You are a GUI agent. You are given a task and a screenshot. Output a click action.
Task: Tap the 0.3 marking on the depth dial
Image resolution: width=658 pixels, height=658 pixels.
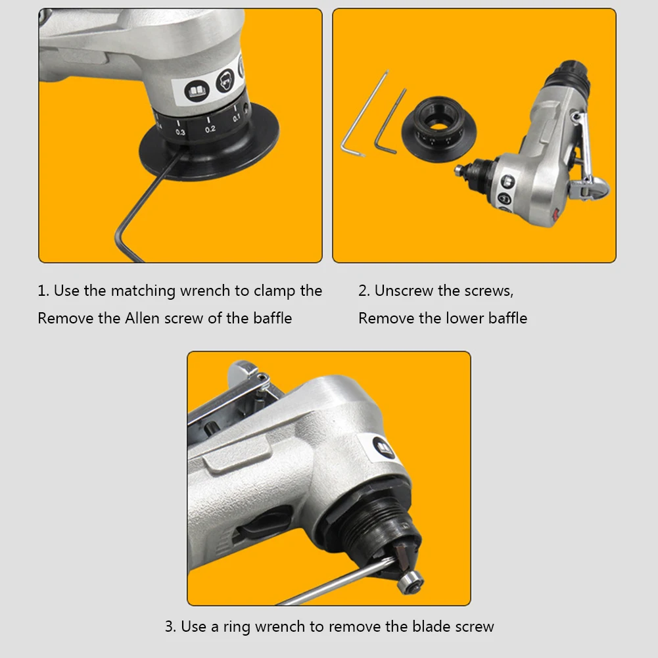coord(181,132)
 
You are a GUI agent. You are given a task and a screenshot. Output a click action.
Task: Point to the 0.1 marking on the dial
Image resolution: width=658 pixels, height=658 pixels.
coord(236,118)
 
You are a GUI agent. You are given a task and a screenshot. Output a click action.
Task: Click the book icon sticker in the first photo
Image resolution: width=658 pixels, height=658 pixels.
coord(197,91)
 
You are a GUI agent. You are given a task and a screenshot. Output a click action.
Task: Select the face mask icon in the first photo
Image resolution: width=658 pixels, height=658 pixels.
coord(225,80)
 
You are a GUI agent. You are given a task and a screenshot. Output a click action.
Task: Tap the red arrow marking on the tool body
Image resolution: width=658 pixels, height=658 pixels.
coord(555,214)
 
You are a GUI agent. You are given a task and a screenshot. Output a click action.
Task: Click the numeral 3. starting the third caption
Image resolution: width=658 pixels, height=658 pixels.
coord(170,626)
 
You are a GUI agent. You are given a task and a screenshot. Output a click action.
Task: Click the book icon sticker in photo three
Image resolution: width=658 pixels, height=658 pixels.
coord(384,448)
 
